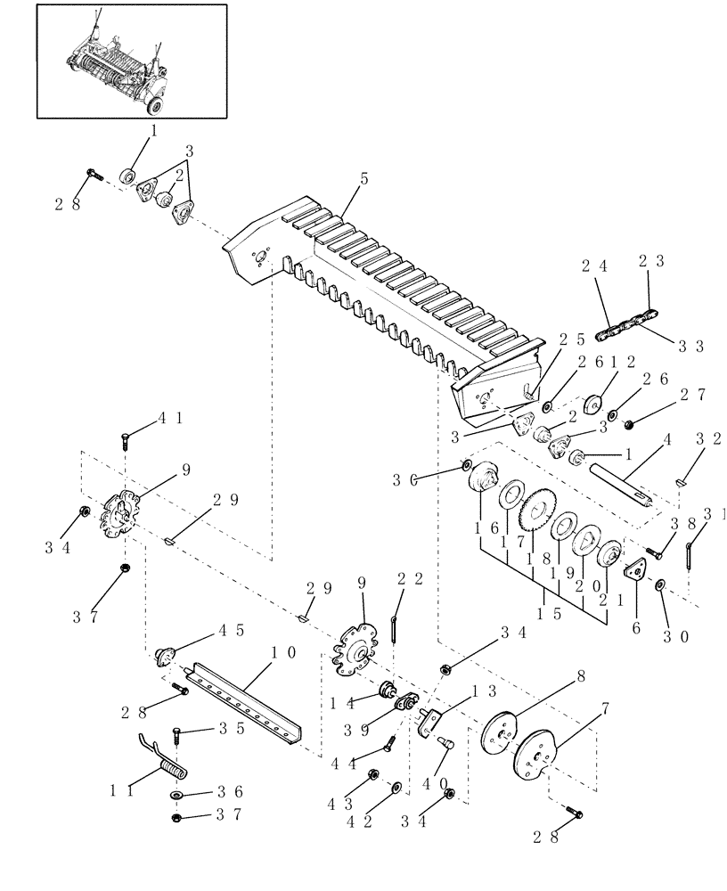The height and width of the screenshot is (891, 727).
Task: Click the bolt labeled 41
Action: pos(125,441)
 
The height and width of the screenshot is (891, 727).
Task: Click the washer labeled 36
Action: pos(176,795)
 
